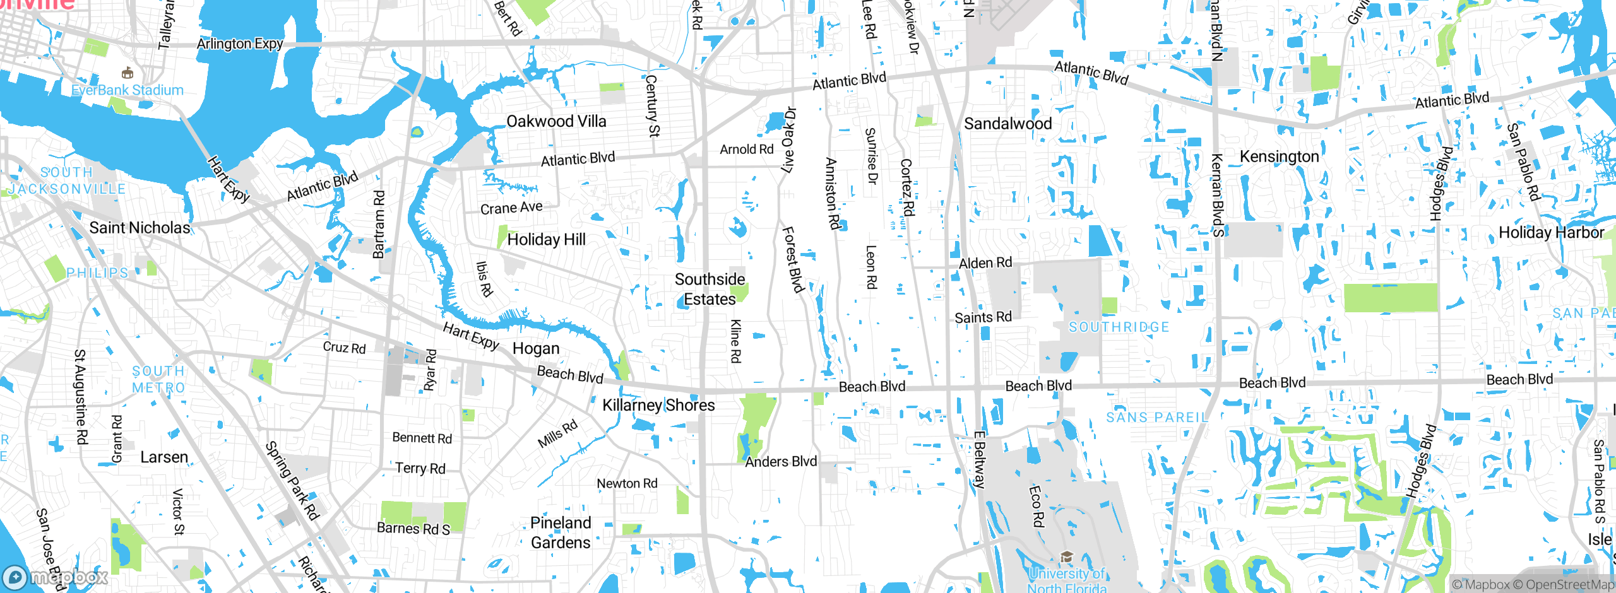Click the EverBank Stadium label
coord(128,90)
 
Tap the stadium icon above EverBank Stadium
coord(128,73)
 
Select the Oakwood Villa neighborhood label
coord(556,121)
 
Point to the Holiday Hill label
coord(546,240)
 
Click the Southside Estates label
coord(710,289)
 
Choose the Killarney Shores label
coord(658,405)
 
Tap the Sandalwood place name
coord(1007,124)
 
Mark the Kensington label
coord(1279,156)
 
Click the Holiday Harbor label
coord(1551,233)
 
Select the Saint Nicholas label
coord(140,228)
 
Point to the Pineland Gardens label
coord(561,532)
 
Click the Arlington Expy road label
coord(240,44)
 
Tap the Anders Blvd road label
coord(781,462)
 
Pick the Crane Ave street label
coord(511,208)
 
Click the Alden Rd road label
coord(985,263)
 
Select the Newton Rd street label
coord(627,483)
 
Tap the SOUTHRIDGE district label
coord(1119,327)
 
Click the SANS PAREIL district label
coord(1157,418)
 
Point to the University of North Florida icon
coord(1067,556)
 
